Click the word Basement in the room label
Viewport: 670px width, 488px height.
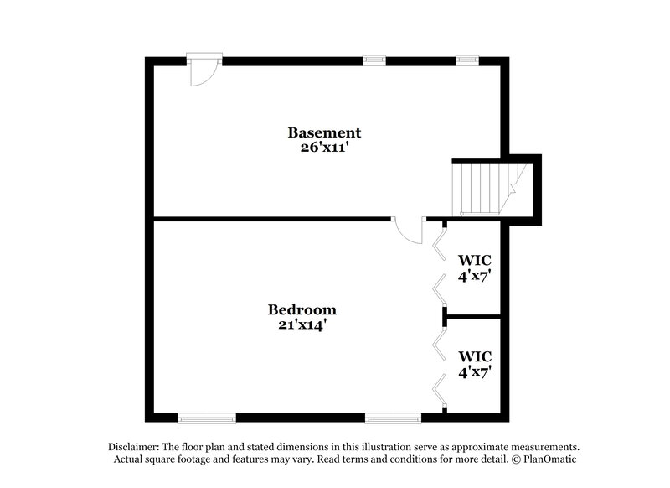click(324, 132)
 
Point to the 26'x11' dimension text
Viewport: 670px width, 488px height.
click(324, 148)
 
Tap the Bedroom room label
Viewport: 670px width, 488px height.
click(301, 309)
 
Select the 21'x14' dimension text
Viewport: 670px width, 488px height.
click(301, 324)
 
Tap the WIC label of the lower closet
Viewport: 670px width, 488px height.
click(474, 356)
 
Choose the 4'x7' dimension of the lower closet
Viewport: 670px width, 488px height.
click(474, 371)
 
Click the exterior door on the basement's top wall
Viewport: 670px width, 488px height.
click(204, 70)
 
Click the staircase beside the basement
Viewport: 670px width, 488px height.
click(482, 188)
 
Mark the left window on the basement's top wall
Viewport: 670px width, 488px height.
click(374, 60)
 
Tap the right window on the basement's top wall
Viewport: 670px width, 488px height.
click(466, 60)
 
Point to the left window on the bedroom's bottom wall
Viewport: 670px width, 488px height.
click(207, 417)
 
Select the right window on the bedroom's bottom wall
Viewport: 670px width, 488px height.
click(393, 417)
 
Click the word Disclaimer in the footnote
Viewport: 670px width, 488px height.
click(137, 447)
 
